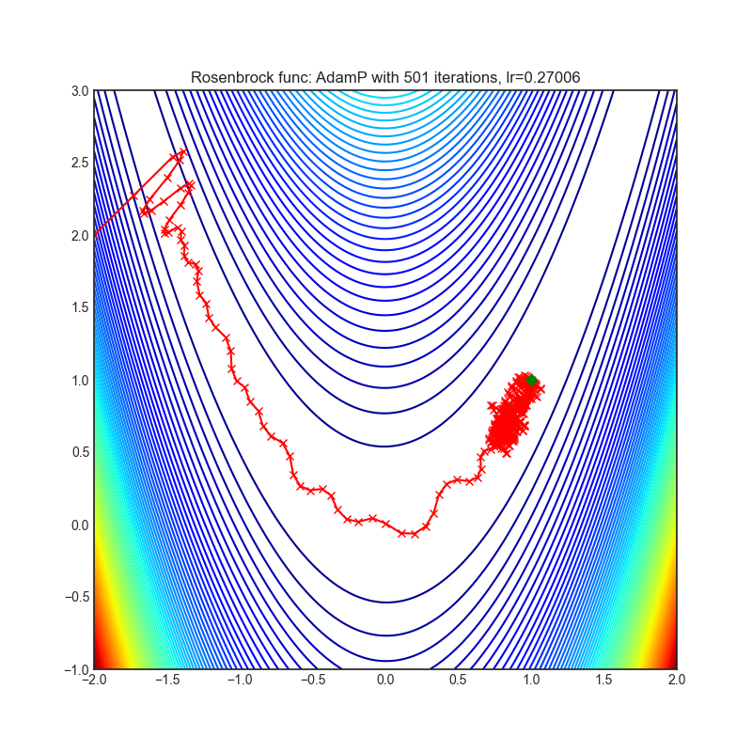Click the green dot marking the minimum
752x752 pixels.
531,381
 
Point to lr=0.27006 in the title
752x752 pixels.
526,77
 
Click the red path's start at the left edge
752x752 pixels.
95,235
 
